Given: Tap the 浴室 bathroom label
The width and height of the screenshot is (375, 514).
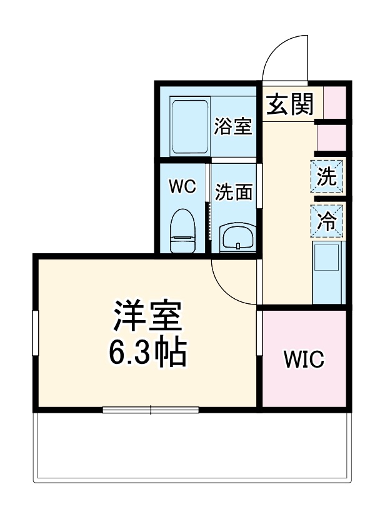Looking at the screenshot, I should click(232, 126).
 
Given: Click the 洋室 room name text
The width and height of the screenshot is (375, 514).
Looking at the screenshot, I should click(147, 318).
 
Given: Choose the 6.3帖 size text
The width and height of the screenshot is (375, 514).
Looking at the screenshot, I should click(147, 354).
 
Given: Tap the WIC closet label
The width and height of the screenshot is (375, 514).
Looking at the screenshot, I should click(304, 359).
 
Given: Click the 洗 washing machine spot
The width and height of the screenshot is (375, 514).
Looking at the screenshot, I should click(327, 177).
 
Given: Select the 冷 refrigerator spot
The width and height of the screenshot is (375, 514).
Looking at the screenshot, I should click(327, 221).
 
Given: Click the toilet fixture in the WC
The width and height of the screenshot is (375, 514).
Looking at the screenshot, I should click(183, 230).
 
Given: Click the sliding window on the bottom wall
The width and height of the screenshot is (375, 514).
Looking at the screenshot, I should click(151, 410).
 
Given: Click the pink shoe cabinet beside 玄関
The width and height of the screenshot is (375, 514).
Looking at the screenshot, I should click(334, 103).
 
